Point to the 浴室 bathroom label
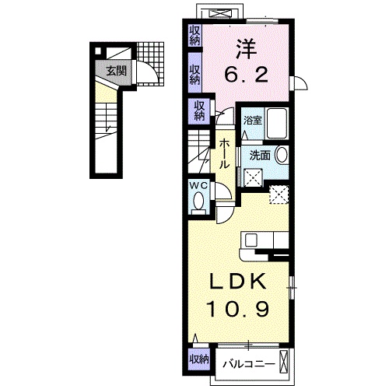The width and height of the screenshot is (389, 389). click(251, 121)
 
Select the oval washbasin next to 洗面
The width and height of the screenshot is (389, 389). click(280, 154)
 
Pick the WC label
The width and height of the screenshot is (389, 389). click(198, 185)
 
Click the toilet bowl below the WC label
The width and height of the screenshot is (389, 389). click(198, 203)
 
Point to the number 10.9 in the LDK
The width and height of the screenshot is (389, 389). click(239, 310)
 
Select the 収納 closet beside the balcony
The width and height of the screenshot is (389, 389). click(198, 359)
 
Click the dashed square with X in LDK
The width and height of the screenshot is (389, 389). click(278, 194)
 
